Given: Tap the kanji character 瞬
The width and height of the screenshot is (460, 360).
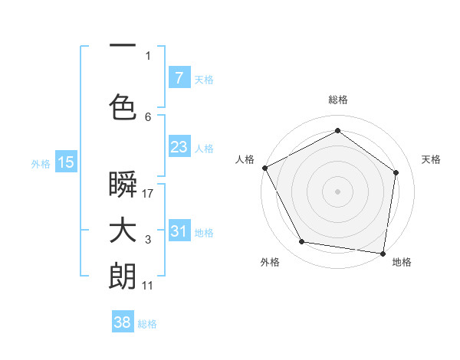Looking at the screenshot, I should click(123, 186).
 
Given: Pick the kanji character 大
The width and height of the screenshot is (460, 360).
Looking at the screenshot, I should click(123, 232).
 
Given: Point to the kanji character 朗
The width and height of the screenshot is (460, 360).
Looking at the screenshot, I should click(123, 277).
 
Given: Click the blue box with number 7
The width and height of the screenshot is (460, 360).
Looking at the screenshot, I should click(179, 78).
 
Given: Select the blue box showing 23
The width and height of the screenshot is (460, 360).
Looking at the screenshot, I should click(179, 147).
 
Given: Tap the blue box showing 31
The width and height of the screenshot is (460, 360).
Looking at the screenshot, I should click(179, 231).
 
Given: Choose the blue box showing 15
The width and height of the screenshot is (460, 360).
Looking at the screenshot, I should click(66, 162).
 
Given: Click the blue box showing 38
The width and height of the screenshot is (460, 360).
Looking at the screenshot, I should click(123, 322).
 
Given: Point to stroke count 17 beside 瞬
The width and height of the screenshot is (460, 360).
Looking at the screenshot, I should click(148, 194).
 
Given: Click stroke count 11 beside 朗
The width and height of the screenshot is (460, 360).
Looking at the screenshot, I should click(148, 286).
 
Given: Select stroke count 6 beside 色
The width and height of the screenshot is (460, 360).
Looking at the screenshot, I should click(148, 116).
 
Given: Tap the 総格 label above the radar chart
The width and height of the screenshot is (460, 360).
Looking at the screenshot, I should click(337, 100).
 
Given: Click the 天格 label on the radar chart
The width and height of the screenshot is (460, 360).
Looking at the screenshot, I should click(432, 159).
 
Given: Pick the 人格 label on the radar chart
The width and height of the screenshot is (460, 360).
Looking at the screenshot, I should click(245, 159).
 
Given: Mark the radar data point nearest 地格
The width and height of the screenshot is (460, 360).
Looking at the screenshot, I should click(383, 253).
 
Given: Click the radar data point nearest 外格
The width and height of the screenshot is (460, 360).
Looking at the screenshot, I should click(301, 242).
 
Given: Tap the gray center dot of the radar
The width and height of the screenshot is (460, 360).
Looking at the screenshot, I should click(337, 191).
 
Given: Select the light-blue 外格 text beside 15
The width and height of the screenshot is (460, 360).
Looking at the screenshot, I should click(41, 163).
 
